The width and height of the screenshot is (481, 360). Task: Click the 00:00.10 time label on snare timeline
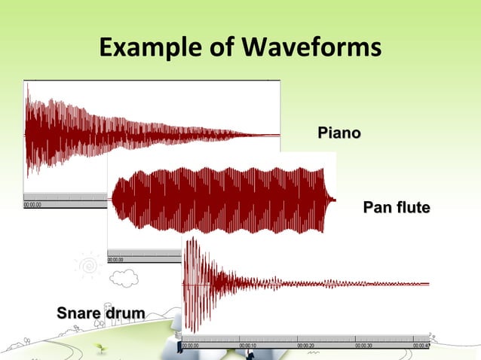[248, 346]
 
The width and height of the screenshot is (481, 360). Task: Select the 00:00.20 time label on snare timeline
[306, 346]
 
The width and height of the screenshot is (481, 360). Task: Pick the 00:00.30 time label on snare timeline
[363, 346]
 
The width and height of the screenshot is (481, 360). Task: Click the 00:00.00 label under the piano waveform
[33, 203]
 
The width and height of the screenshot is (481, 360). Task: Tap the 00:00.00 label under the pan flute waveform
[117, 259]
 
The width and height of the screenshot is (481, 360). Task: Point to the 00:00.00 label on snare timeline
[191, 346]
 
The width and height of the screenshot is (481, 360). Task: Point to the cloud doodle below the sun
[123, 279]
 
